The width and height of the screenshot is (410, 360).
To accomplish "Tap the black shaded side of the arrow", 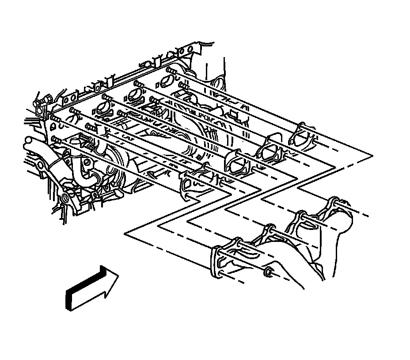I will [68, 301].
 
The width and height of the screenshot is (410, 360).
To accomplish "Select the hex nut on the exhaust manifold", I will [268, 272].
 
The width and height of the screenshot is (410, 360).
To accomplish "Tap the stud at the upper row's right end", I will [171, 70].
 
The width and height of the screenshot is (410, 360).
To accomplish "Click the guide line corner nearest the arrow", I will [126, 233].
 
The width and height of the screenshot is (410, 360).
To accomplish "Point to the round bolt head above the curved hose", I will [87, 162].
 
